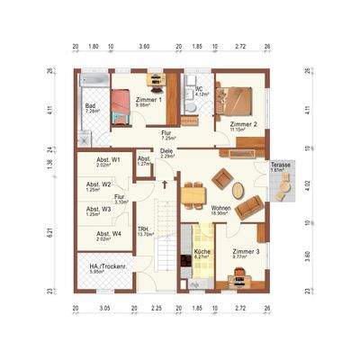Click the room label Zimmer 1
(148, 99)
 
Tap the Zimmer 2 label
(243, 124)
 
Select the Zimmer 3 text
(245, 251)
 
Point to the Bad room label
(91, 106)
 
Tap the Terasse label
(281, 166)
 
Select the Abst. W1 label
(98, 161)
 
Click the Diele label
(166, 151)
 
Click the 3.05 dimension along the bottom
(104, 308)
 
